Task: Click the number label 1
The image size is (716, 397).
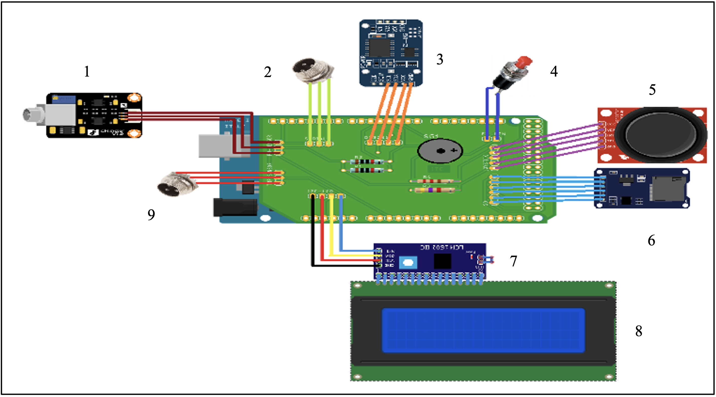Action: pos(87,71)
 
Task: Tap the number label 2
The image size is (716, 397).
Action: pos(267,72)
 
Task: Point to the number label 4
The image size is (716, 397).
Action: pos(554,71)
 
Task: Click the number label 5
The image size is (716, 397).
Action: pos(652,90)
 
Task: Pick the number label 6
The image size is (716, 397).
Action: pos(651,240)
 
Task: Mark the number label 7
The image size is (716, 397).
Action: pos(513,261)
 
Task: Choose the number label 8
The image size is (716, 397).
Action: pos(639,331)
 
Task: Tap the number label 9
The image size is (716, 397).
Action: pos(151,215)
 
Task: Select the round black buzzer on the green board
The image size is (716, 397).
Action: pos(440,151)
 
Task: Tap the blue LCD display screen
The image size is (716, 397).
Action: pos(483,330)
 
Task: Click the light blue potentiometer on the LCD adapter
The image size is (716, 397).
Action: pos(408,263)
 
